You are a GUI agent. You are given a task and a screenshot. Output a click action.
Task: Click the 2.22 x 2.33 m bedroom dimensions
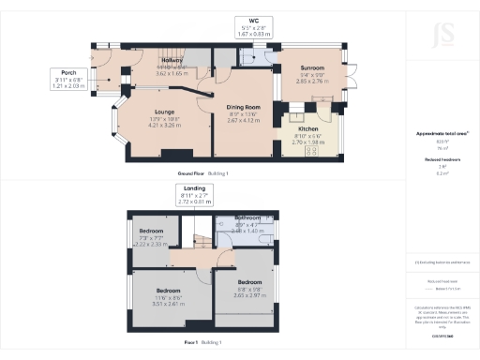(149, 242)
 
